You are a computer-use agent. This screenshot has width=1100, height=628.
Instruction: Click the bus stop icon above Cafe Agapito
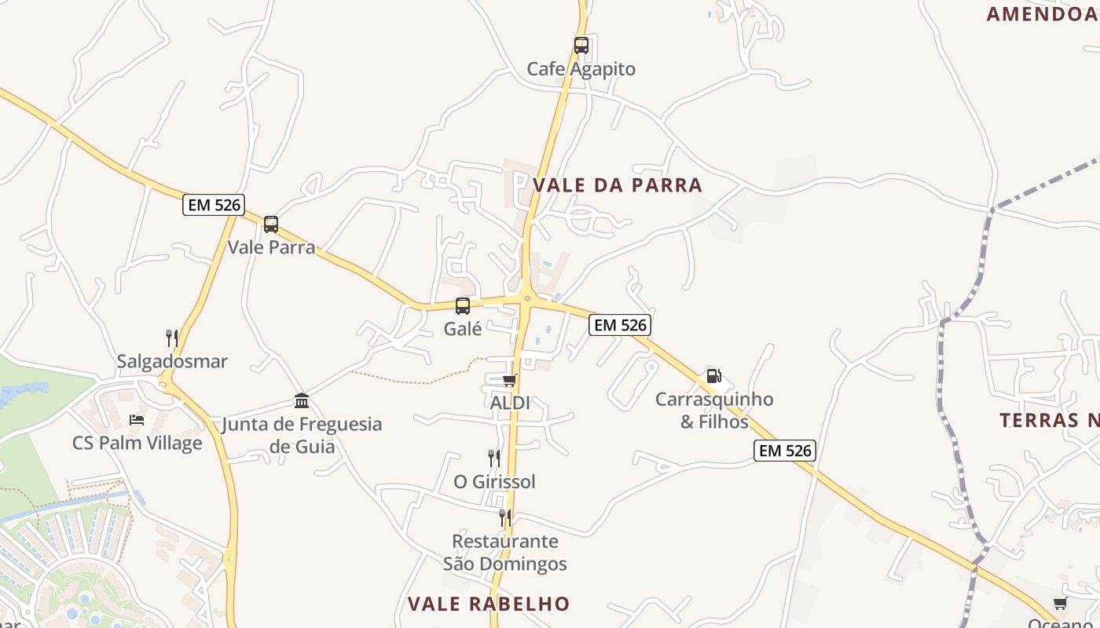581,46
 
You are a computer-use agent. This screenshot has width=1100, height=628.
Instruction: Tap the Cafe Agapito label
581,69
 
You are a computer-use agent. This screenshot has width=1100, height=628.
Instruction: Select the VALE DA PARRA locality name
618,185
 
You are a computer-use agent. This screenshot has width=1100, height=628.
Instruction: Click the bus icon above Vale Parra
271,225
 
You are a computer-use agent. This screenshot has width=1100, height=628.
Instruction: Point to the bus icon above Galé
463,306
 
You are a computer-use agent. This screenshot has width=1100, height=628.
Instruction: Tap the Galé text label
463,329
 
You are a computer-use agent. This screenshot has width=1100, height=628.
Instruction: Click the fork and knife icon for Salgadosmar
172,338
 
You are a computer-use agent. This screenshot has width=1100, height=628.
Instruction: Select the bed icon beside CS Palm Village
137,419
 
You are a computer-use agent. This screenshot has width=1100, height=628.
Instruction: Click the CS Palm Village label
137,443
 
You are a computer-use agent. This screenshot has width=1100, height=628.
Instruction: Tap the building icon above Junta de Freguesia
302,401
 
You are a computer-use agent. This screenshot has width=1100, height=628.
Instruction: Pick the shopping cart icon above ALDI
509,381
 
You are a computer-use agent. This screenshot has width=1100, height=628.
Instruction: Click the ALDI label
510,403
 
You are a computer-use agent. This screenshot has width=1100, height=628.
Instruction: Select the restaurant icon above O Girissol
494,458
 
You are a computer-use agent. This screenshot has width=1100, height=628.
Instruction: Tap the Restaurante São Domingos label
505,553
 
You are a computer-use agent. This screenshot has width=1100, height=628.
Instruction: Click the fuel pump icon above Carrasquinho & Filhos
713,376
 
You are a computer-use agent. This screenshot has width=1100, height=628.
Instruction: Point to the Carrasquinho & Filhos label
714,411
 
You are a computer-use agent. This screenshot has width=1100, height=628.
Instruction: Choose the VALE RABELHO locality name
488,604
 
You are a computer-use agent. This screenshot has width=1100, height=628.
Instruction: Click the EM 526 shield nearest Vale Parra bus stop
214,206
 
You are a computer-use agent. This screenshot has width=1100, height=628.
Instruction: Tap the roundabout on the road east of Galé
526,298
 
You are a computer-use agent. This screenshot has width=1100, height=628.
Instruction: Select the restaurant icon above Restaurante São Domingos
505,518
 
